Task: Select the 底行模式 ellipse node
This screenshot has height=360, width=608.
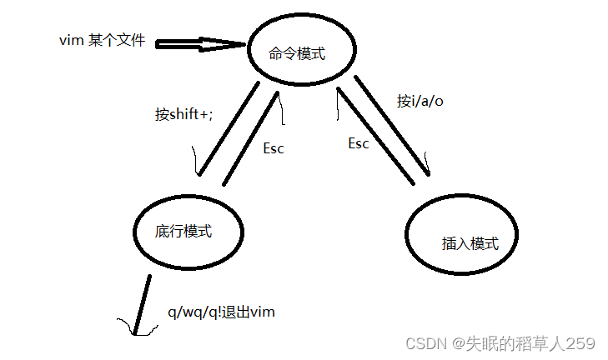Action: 188,231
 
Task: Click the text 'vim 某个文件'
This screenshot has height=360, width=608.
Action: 103,39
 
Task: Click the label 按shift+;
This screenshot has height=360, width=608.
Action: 183,114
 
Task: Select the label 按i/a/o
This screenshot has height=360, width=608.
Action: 420,101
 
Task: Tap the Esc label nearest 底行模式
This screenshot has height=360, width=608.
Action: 274,148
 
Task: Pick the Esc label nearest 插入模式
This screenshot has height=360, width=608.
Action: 358,143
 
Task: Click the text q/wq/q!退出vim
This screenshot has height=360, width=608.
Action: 221,312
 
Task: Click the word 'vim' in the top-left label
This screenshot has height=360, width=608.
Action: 70,39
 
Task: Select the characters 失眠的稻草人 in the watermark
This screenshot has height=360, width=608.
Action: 520,343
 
